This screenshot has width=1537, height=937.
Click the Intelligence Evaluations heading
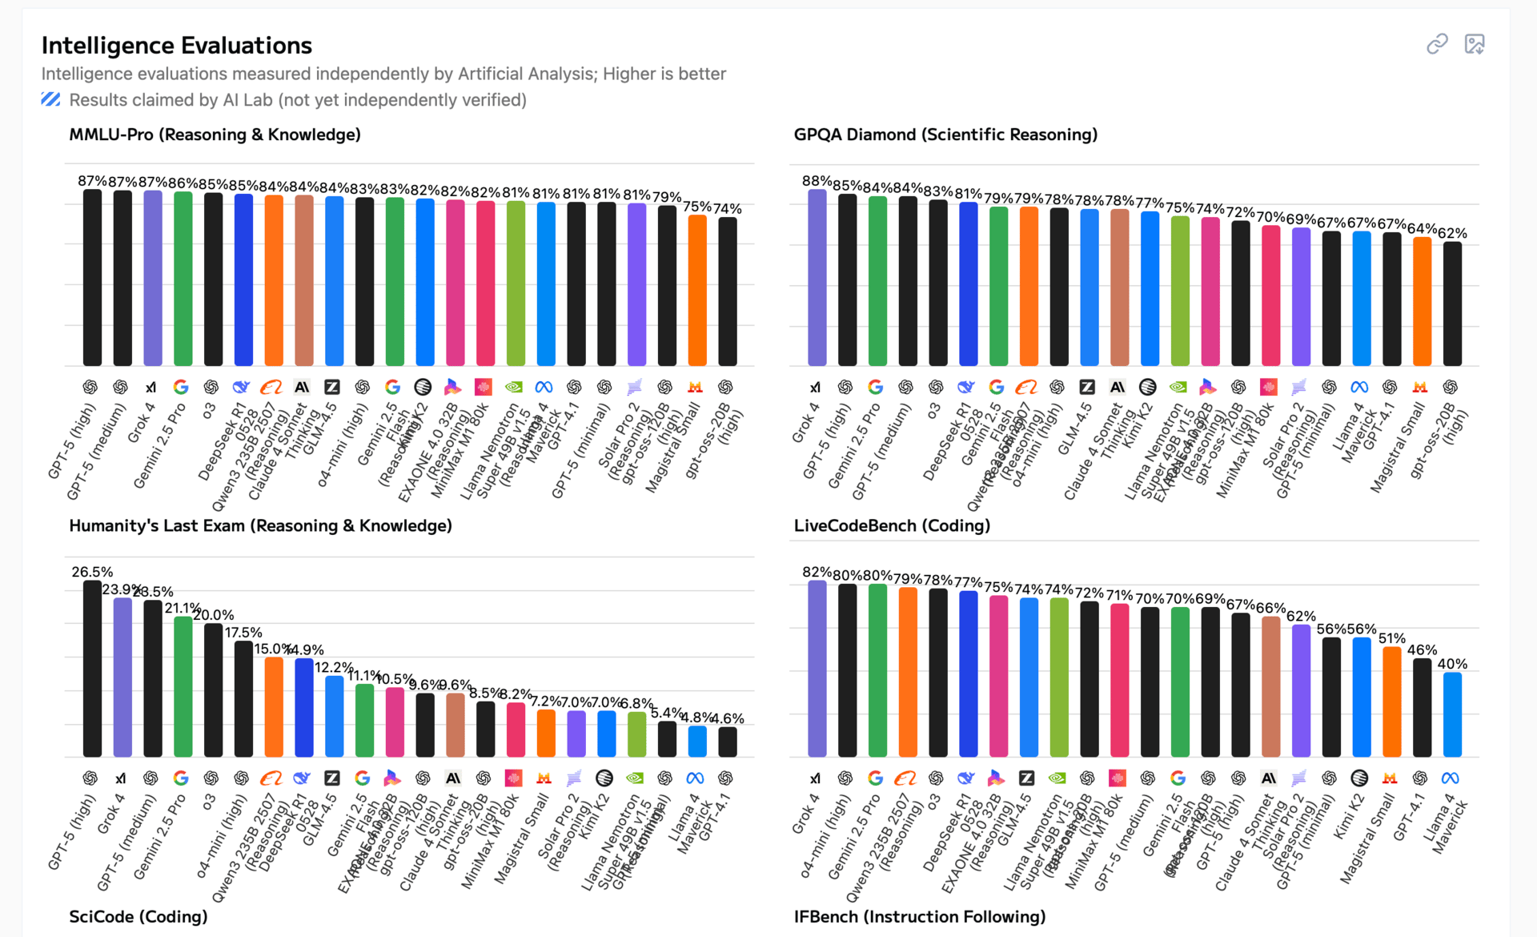[x=176, y=46]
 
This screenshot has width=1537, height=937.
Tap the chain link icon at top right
[x=1437, y=44]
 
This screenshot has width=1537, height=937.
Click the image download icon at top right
[x=1474, y=44]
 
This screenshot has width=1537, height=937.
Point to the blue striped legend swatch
[x=50, y=99]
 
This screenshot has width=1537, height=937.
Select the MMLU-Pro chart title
[x=215, y=135]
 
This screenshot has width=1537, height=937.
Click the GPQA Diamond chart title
[x=945, y=135]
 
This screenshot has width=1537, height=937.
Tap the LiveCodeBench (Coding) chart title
[x=892, y=525]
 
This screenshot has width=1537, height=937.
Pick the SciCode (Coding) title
[x=138, y=916]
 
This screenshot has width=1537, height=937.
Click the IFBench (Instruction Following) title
[x=919, y=916]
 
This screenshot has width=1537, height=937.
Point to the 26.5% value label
[x=92, y=572]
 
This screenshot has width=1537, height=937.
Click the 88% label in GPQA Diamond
[x=817, y=181]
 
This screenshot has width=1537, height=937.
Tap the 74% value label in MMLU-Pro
[x=727, y=209]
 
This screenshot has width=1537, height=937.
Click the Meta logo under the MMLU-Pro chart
[x=544, y=388]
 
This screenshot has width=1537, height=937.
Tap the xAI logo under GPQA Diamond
[x=815, y=388]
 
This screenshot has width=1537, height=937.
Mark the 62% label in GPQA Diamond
[x=1452, y=233]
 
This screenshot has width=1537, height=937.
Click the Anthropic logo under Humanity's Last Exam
[x=453, y=778]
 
